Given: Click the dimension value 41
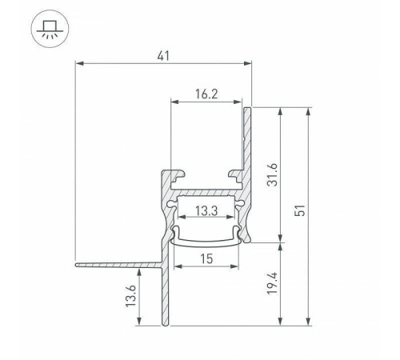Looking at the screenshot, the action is click(x=163, y=56).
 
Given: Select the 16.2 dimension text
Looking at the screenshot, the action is click(x=206, y=94).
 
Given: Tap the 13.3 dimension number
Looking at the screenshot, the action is click(x=206, y=211).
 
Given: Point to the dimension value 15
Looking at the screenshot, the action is click(x=206, y=259).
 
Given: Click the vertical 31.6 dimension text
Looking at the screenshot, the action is click(x=273, y=174).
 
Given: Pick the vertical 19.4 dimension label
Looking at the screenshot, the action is click(x=273, y=283).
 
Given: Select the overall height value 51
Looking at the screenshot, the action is click(x=301, y=210).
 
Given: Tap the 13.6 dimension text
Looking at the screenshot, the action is click(x=131, y=296).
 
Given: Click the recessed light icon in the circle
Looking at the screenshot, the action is click(x=50, y=29).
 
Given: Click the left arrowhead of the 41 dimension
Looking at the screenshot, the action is click(x=79, y=63).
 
